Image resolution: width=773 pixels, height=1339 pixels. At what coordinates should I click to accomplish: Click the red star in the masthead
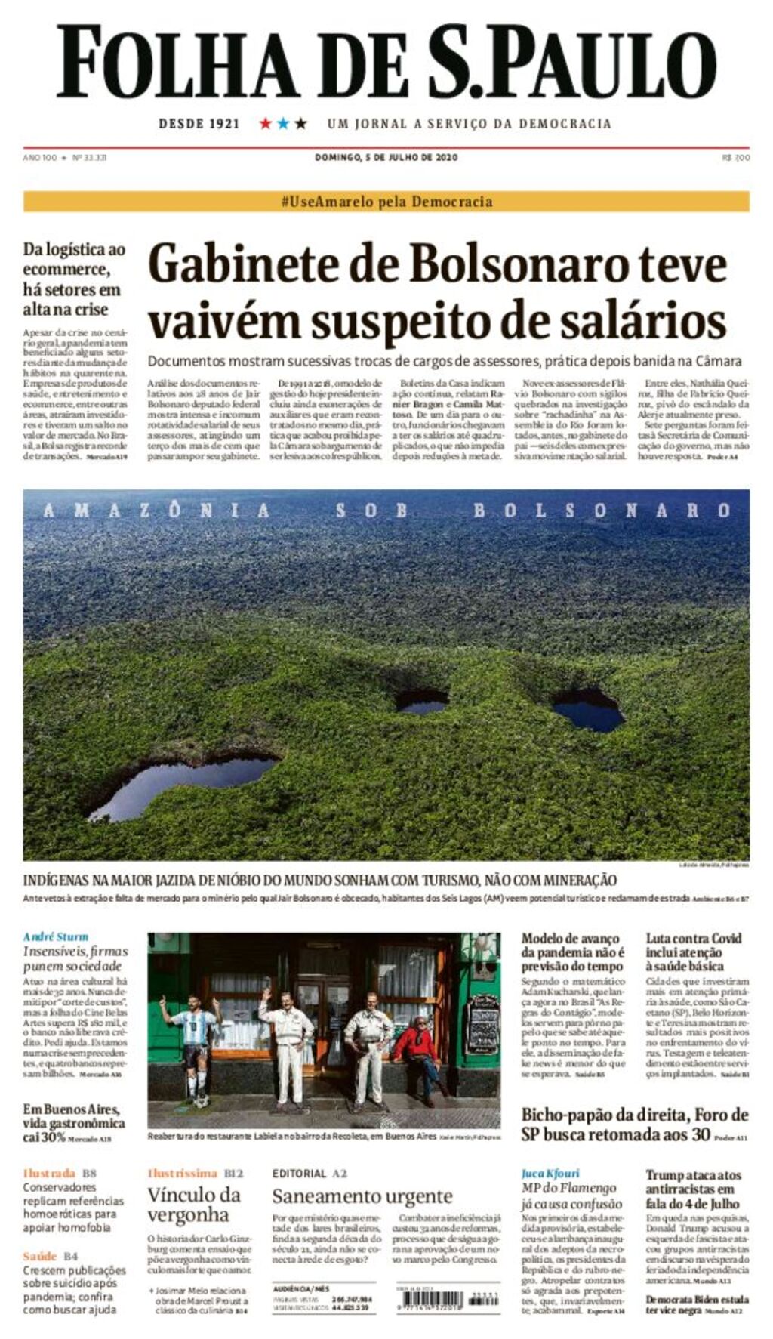266,123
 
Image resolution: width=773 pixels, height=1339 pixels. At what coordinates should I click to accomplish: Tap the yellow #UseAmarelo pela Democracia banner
386,202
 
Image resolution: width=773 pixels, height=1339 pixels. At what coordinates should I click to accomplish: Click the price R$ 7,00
735,158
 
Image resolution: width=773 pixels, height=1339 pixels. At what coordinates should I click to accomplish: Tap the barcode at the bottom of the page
436,1299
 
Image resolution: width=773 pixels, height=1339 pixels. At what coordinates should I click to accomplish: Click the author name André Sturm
56,936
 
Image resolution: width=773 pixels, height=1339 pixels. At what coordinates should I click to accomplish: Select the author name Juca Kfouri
550,1173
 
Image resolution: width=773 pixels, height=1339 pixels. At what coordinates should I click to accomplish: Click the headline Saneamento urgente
362,1196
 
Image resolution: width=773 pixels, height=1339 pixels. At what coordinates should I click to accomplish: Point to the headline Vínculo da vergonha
193,1205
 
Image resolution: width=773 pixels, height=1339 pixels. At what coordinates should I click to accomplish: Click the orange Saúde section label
40,1256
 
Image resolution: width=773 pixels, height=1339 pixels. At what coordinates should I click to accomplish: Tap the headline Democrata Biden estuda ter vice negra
697,1305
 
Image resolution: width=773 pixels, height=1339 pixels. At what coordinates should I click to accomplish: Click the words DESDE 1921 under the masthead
199,124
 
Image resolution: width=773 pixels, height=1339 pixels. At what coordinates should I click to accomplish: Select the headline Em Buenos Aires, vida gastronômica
73,1116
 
